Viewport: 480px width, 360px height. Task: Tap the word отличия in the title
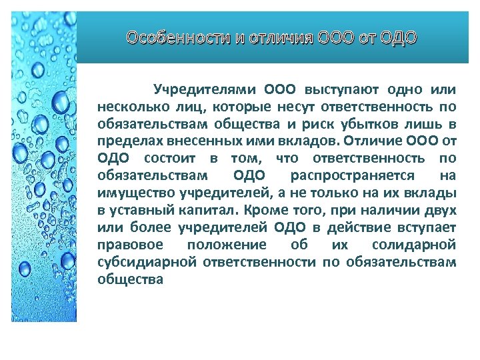tap(270, 37)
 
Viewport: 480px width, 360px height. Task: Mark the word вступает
tap(427, 227)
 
